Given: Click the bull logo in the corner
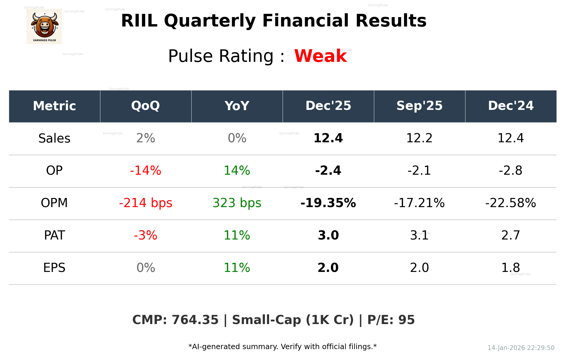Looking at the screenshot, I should click(44, 27).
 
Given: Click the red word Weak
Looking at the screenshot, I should click(320, 56).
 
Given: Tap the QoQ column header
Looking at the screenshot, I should click(145, 106).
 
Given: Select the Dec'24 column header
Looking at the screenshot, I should click(511, 106).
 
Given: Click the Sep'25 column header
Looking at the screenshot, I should click(419, 106).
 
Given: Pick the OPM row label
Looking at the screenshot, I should click(54, 203).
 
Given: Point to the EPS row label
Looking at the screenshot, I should click(54, 268).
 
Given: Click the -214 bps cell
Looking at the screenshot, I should click(145, 203).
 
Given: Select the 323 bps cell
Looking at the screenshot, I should click(237, 203).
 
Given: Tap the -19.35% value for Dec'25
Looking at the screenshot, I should click(328, 203).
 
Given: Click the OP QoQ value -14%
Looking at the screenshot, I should click(145, 171).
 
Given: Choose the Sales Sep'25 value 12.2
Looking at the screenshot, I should click(419, 138).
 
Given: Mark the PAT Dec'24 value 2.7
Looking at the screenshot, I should click(511, 235).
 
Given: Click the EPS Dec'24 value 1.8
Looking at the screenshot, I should click(511, 268).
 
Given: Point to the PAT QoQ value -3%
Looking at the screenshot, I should click(145, 235).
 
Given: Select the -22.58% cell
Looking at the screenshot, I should click(511, 203).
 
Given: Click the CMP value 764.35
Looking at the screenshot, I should click(195, 320).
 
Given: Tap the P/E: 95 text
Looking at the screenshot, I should click(391, 320).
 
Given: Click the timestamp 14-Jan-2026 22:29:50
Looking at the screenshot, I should click(521, 348).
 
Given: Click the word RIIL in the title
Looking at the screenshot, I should click(139, 21).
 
